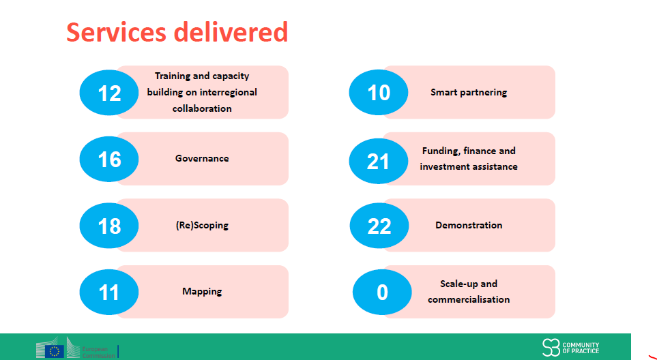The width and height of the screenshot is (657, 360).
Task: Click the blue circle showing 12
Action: tap(109, 92)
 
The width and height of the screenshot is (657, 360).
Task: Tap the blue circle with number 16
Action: tap(109, 159)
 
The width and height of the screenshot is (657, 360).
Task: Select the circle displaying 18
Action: tap(109, 226)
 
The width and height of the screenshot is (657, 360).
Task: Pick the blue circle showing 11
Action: tap(109, 292)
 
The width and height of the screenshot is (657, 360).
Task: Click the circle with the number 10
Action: tap(379, 92)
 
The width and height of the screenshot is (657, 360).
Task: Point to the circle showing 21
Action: tap(379, 161)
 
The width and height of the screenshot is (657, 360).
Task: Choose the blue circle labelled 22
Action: tap(379, 226)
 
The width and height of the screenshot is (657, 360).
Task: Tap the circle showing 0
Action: tap(382, 292)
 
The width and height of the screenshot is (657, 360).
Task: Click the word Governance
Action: tap(202, 158)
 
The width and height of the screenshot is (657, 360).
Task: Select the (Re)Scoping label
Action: tap(202, 225)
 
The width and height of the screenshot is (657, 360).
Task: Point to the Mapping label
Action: tap(202, 291)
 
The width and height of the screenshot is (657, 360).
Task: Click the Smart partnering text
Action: tap(469, 92)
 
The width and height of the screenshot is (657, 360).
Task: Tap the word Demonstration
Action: tap(469, 225)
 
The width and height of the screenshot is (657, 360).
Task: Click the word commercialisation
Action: tap(469, 299)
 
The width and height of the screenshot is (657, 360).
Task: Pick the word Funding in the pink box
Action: tap(441, 151)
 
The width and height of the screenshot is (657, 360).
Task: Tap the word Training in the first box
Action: tap(173, 76)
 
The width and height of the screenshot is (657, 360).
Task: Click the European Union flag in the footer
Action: tap(54, 352)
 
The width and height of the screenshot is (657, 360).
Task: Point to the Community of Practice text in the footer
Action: tap(581, 348)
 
